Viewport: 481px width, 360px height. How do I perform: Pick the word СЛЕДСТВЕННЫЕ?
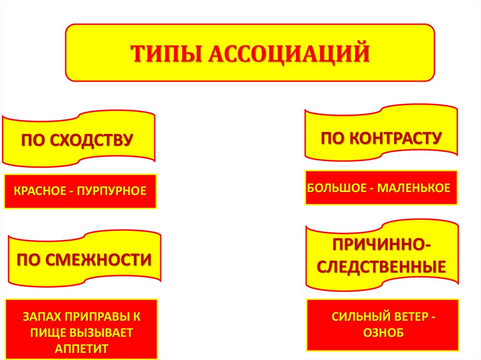[381, 268]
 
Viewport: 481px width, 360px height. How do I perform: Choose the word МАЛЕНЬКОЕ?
[413, 188]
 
